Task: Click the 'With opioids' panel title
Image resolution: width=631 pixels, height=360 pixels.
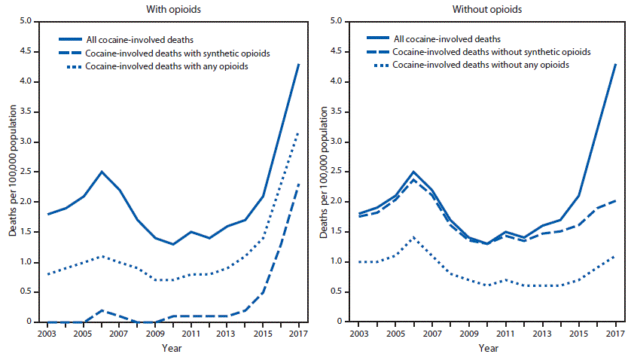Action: [x=173, y=9]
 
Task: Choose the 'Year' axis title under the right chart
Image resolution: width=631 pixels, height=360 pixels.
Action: [x=489, y=348]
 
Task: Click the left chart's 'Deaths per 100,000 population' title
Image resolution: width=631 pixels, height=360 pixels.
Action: [x=13, y=172]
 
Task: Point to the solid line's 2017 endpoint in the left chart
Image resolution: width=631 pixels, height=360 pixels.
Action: [x=299, y=64]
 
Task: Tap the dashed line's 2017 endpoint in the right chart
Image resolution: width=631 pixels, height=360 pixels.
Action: [x=614, y=200]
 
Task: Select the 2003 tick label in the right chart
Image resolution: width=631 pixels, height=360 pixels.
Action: [x=359, y=333]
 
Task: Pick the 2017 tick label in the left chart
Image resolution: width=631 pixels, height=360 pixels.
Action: [x=299, y=333]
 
